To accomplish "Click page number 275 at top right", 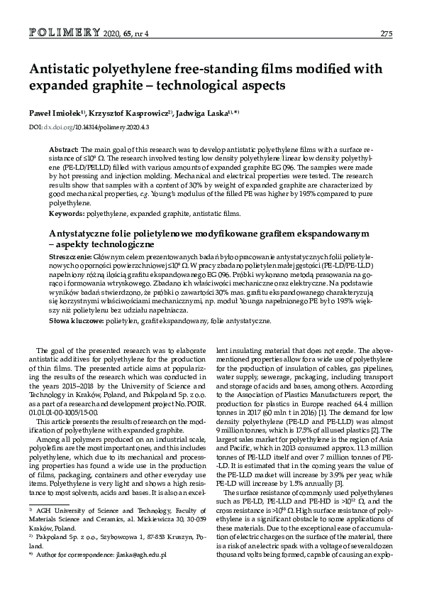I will (387, 33).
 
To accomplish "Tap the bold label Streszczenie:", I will (70, 255).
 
